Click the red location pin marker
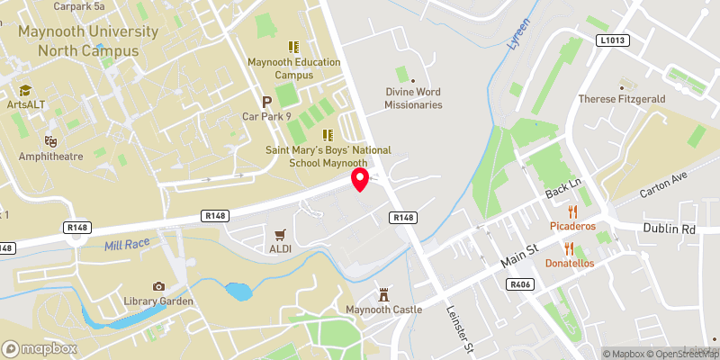pyautogui.click(x=360, y=179)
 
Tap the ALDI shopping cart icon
pyautogui.click(x=281, y=233)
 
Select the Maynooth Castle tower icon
pyautogui.click(x=384, y=295)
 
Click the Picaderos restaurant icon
pyautogui.click(x=568, y=210)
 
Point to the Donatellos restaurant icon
pyautogui.click(x=568, y=247)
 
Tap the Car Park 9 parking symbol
pyautogui.click(x=266, y=102)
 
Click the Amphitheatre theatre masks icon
pyautogui.click(x=51, y=141)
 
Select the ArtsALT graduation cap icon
pyautogui.click(x=25, y=91)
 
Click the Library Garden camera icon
pyautogui.click(x=158, y=286)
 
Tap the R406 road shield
pyautogui.click(x=519, y=283)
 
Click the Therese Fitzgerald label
pyautogui.click(x=620, y=99)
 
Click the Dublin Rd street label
pyautogui.click(x=670, y=229)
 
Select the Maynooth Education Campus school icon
pyautogui.click(x=292, y=47)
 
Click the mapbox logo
pyautogui.click(x=40, y=348)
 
